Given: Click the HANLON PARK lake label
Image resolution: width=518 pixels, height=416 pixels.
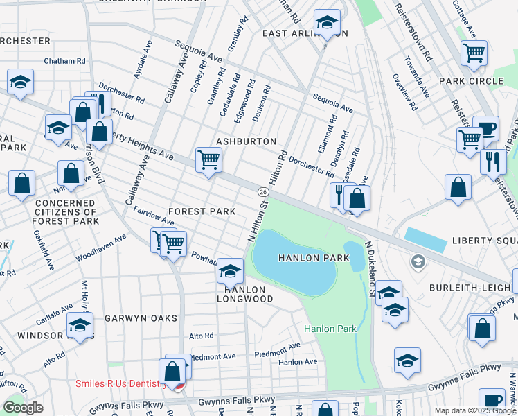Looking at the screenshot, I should (307, 258).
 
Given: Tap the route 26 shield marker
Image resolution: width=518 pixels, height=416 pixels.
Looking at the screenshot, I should (263, 191).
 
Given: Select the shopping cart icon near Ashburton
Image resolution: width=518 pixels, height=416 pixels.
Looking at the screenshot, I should (208, 161).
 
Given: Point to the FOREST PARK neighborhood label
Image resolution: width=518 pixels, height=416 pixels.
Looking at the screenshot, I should (202, 211).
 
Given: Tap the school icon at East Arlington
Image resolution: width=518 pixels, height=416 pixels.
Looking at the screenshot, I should (326, 23).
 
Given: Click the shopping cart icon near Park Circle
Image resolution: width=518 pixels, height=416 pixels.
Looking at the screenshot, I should (474, 53).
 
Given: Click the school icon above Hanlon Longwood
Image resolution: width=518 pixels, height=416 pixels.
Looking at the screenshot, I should (230, 270).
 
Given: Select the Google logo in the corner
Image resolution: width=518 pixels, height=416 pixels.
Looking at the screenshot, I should (22, 408).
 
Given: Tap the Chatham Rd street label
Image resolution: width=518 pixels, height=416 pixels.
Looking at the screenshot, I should (64, 61).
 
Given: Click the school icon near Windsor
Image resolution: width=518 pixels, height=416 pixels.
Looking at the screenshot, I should (80, 325).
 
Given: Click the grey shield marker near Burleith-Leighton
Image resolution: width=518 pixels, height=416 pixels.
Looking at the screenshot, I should (418, 262).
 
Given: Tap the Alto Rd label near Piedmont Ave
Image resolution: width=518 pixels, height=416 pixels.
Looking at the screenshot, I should (202, 336).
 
